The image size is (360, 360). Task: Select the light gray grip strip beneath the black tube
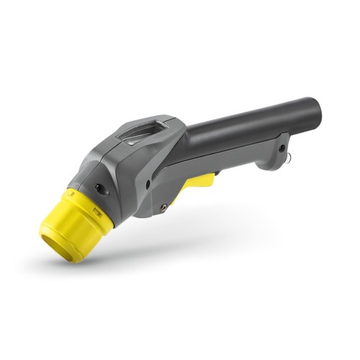[x=230, y=155]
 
